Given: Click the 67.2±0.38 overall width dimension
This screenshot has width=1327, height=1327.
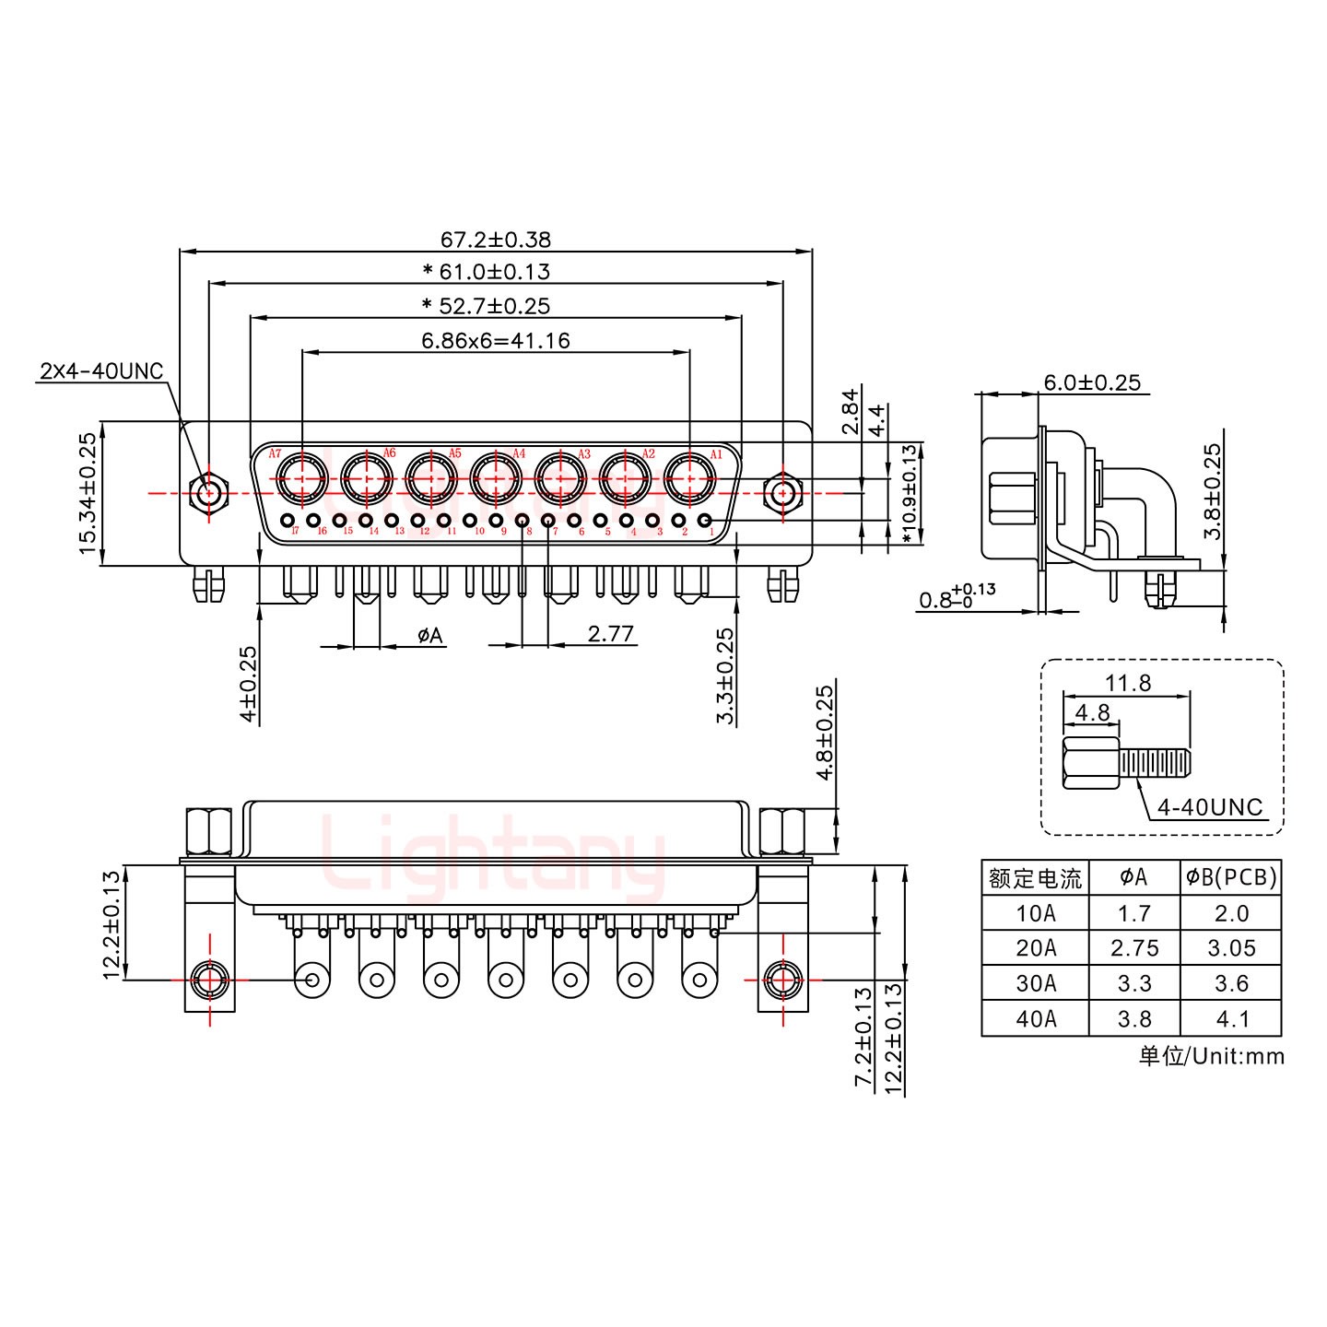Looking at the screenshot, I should coord(495,240).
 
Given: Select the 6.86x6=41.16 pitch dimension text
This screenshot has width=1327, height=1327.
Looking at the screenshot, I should coord(495,340).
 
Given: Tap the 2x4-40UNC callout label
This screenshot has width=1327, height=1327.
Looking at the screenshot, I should coord(100,371).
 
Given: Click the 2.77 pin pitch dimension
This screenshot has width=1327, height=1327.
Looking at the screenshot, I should coord(610,634).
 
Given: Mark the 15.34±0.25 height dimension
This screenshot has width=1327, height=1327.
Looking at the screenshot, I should coord(88,494).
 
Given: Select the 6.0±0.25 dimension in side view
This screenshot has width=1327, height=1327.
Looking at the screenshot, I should coord(1092,382).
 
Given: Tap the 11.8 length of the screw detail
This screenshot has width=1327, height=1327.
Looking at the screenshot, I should coord(1128,683).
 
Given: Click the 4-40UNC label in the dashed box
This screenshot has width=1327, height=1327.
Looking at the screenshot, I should coord(1209,807).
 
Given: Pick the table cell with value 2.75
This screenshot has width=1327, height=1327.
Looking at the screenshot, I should coord(1133,948).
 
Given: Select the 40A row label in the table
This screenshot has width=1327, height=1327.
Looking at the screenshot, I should coord(1036,1018).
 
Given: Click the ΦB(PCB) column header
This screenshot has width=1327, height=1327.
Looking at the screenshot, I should coord(1231,877).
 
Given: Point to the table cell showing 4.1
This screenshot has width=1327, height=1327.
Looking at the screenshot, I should coord(1231,1018).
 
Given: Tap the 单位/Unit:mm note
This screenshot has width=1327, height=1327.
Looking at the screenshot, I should coord(1211,1056).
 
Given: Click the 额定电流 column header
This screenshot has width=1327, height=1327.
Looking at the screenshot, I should coord(1035,877).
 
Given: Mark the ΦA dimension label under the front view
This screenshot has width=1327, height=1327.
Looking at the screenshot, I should coord(429,635).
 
